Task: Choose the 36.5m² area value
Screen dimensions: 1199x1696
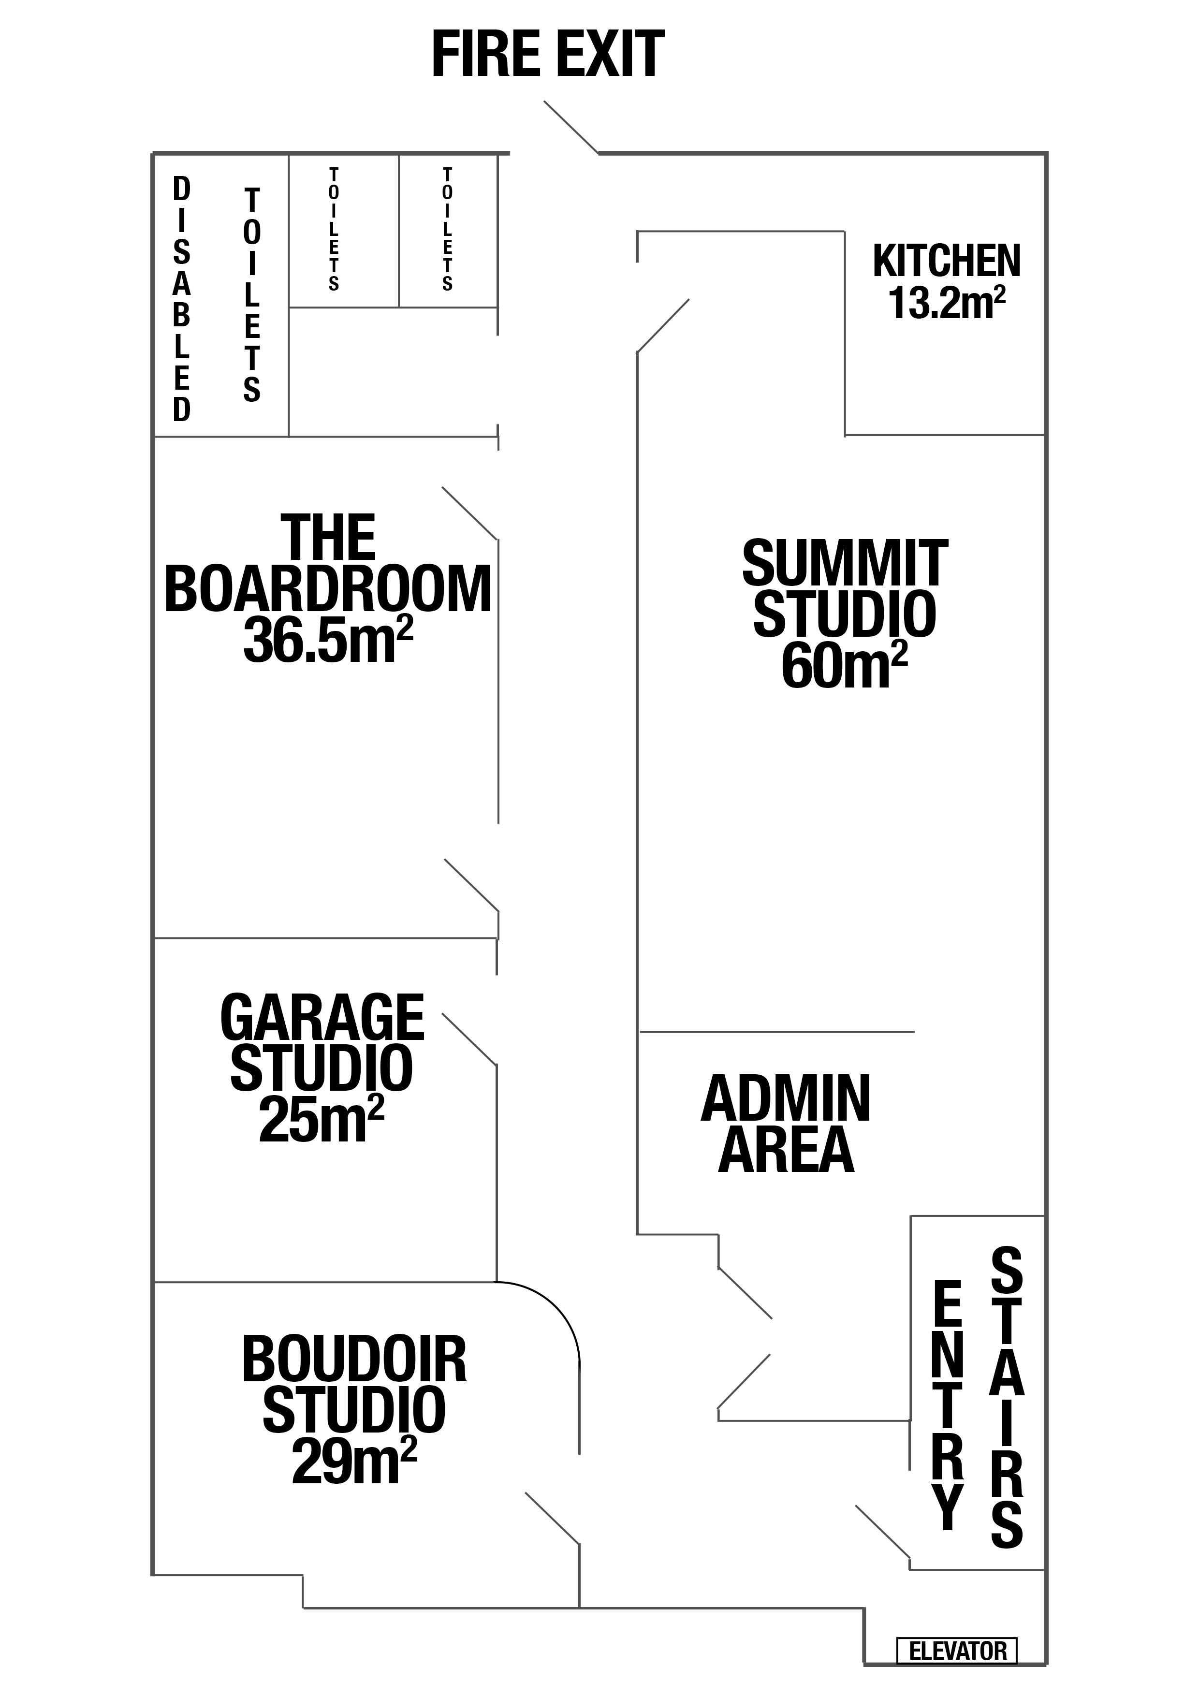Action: click(327, 639)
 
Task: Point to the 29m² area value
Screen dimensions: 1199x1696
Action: click(354, 1459)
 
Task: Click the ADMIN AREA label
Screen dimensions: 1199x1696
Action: click(786, 1124)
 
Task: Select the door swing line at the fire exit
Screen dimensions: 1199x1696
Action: click(571, 127)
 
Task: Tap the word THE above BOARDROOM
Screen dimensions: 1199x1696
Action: click(328, 539)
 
